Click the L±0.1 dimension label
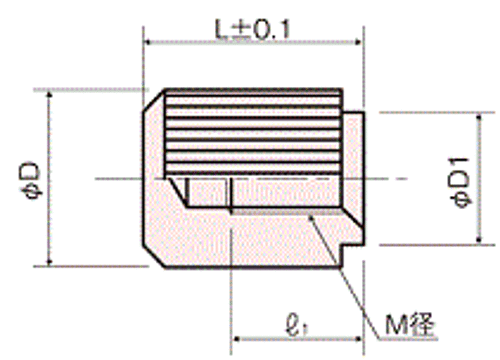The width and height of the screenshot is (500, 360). pyautogui.click(x=252, y=29)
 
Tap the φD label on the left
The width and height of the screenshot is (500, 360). pyautogui.click(x=32, y=180)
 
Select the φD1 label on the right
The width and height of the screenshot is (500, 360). pyautogui.click(x=461, y=182)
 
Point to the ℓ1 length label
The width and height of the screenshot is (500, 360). pyautogui.click(x=297, y=324)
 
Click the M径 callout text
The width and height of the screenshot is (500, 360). pyautogui.click(x=411, y=325)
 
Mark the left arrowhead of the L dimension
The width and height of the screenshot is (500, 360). pyautogui.click(x=148, y=42)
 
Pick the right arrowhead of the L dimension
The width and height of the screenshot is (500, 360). pyautogui.click(x=358, y=42)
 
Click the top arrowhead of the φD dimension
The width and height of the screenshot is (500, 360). pyautogui.click(x=49, y=95)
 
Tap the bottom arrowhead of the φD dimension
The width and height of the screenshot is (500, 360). pyautogui.click(x=49, y=262)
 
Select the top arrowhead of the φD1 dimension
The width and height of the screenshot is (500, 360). pyautogui.click(x=479, y=117)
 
